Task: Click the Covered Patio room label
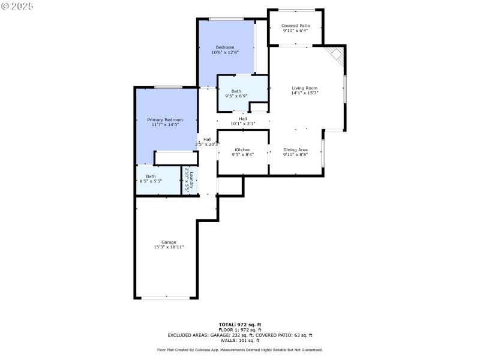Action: pos(296,26)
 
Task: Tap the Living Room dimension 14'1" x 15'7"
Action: pos(304,93)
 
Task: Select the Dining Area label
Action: pos(296,149)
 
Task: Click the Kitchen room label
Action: pos(242,149)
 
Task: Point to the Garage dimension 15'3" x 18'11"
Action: pos(168,247)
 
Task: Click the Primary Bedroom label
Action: pos(165,120)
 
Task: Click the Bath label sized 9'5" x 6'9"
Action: pos(236,91)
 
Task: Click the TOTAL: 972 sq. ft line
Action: pos(240,324)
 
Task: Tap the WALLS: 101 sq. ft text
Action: pos(240,340)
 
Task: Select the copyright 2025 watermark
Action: pos(17,5)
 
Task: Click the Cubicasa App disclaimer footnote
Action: pos(240,350)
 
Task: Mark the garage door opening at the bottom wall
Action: pos(166,298)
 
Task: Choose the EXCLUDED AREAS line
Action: pos(240,335)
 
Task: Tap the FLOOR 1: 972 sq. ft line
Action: pos(240,329)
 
